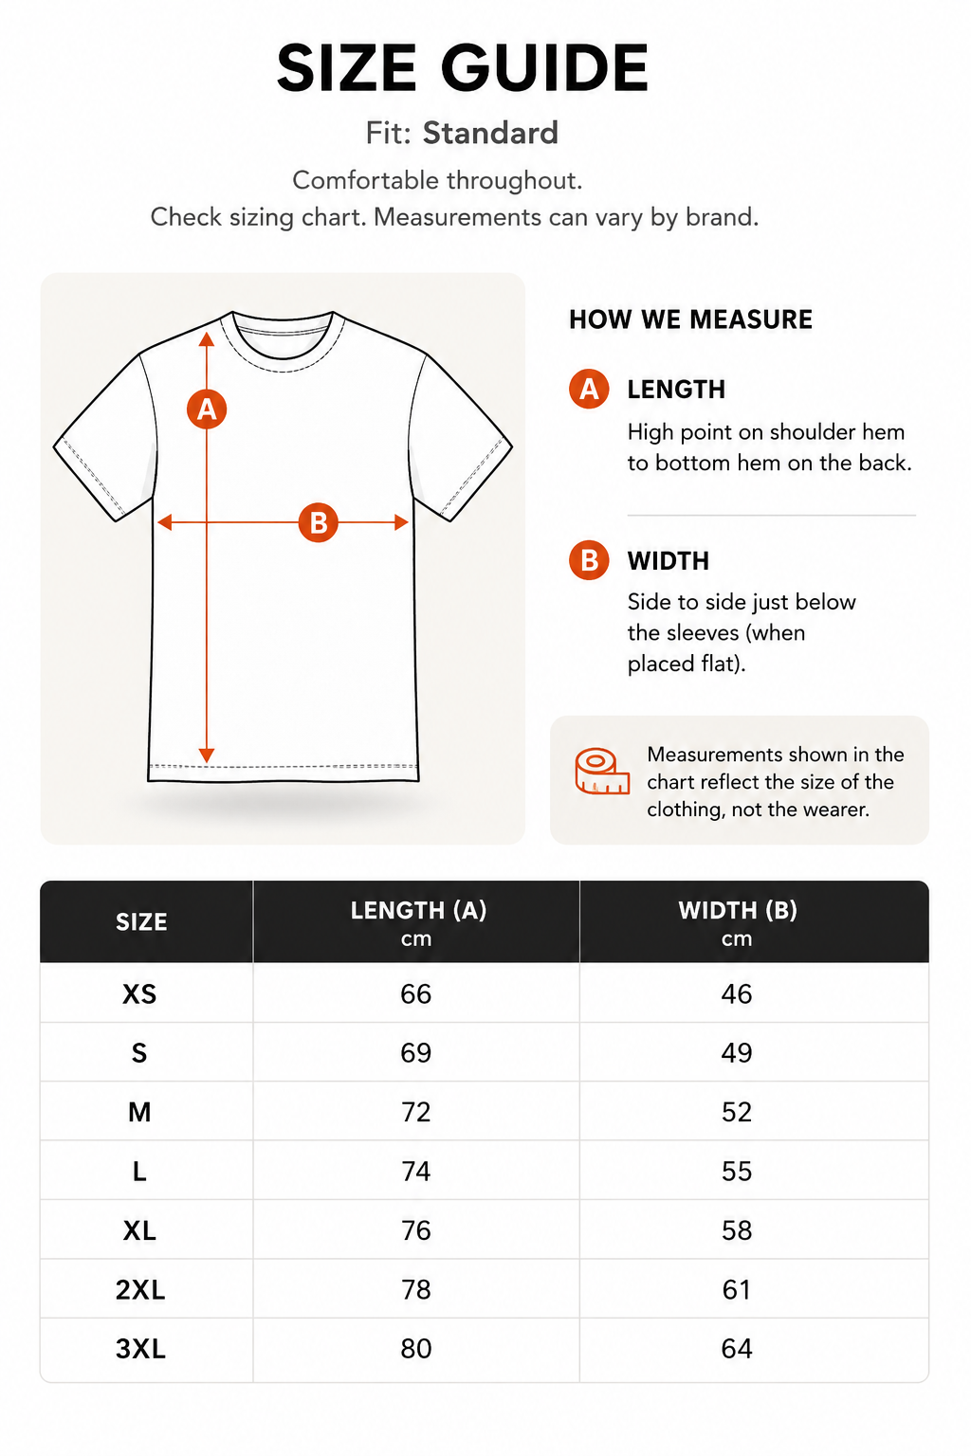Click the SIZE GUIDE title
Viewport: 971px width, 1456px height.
pos(463,67)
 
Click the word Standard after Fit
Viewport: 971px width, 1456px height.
pos(490,134)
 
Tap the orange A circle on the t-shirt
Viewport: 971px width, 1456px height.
pos(207,409)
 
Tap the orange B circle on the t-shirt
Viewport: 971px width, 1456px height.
pos(318,522)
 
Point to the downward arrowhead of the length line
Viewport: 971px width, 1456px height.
pos(207,755)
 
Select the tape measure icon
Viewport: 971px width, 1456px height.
pos(601,772)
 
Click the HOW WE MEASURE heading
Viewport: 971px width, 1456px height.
pos(690,319)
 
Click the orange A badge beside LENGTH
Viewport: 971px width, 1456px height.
pos(589,389)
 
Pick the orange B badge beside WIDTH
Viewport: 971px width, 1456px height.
pos(589,559)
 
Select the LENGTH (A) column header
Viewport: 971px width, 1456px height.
pos(417,921)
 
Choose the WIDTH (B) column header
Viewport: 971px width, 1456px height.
pos(738,921)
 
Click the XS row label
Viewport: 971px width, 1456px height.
pos(139,993)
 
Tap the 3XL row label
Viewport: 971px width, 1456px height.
pos(140,1349)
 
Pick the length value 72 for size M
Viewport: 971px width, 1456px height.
pos(416,1112)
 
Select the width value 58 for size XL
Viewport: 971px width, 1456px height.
pos(737,1230)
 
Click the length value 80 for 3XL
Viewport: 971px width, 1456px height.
pos(416,1349)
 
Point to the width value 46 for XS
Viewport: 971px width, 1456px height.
pos(737,993)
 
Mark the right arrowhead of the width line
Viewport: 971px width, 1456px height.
pos(401,522)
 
